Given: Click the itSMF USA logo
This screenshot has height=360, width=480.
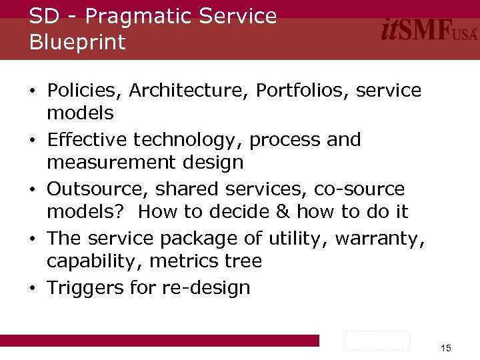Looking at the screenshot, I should pyautogui.click(x=429, y=31).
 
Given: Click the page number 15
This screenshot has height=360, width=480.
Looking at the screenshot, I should pyautogui.click(x=446, y=348).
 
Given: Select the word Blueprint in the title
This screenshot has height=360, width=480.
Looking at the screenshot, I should pyautogui.click(x=77, y=42).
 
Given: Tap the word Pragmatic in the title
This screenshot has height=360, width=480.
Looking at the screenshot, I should pyautogui.click(x=133, y=16).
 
